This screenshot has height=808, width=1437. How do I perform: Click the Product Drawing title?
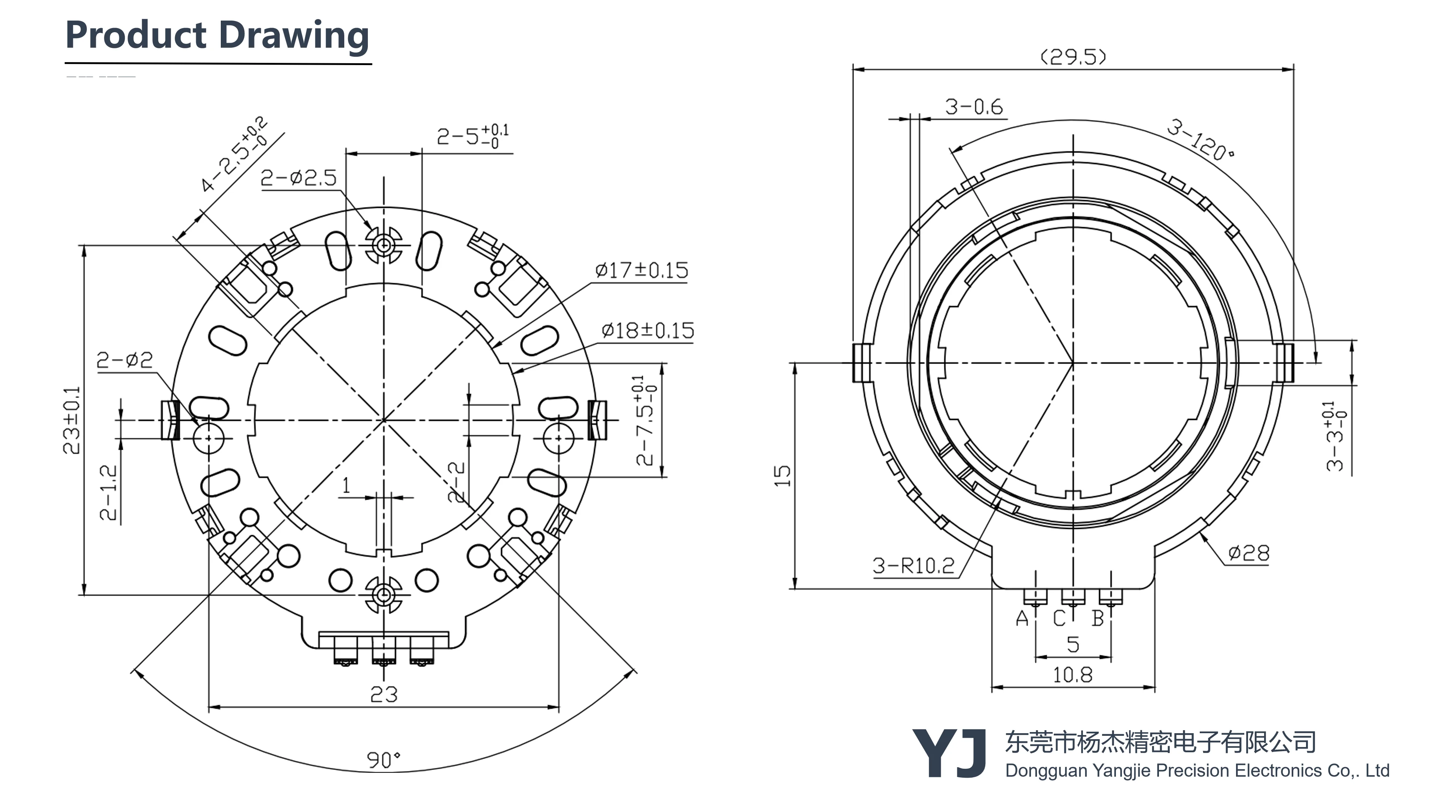217,36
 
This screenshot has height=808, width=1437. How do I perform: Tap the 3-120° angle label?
1200,140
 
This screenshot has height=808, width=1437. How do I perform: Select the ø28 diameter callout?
1248,553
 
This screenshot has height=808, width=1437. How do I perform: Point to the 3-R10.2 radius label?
913,566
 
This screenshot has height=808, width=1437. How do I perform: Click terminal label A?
1021,618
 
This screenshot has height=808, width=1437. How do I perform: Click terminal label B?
1097,618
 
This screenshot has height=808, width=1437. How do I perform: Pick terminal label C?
1059,618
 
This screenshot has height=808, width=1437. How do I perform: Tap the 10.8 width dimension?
1072,675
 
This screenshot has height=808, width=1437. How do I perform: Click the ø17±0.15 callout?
641,270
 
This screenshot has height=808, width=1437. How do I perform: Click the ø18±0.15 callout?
648,331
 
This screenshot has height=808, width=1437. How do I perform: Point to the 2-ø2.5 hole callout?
299,178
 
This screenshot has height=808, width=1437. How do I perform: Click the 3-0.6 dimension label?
973,107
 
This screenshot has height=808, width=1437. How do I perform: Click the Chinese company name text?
1160,742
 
